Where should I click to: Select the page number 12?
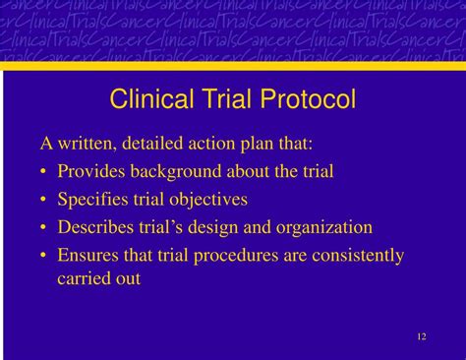[421, 337]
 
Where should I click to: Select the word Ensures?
[88, 256]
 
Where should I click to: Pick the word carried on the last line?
[83, 278]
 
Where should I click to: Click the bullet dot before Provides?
[45, 172]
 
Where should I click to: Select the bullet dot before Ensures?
[45, 257]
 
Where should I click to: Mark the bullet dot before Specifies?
[45, 201]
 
